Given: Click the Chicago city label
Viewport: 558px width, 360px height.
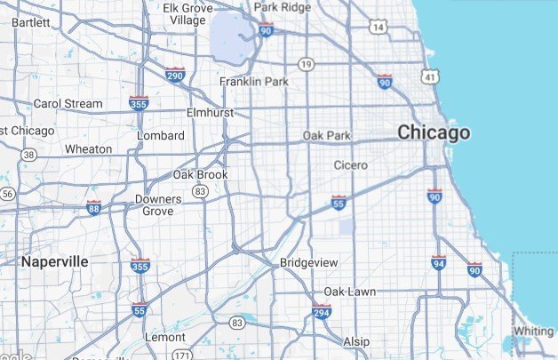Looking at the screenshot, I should tap(434, 133).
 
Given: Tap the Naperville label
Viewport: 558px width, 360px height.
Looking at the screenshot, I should tap(55, 261).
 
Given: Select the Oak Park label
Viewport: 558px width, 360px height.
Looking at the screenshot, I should tap(327, 135).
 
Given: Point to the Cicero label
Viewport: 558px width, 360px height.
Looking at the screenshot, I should tap(350, 165).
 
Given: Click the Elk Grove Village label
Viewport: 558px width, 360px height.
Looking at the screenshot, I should tap(187, 13).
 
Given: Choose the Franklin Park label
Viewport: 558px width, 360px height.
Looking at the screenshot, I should tap(255, 82).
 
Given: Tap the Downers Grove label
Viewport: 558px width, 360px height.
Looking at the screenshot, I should tap(158, 205).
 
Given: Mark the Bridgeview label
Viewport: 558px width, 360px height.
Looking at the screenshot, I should tap(308, 263).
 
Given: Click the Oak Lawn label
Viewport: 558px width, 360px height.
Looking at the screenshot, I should tap(349, 292).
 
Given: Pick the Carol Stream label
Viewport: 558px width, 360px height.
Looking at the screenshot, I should tap(68, 104).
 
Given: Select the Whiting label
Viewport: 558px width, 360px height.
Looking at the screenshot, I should tap(533, 331).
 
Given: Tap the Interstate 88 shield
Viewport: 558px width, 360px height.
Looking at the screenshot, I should tap(94, 209).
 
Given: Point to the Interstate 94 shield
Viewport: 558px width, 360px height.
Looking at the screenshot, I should tap(439, 263).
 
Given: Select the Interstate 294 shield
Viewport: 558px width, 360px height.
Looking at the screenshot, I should tap(322, 312).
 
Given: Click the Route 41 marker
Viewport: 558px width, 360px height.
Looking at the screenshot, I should tap(430, 78).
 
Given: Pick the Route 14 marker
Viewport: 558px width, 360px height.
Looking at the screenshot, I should tap(379, 28).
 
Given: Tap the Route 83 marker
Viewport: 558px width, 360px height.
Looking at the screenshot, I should tap(202, 191).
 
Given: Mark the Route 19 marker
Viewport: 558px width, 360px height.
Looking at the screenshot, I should tap(307, 64).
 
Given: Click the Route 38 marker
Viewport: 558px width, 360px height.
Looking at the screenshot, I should tap(30, 155).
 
